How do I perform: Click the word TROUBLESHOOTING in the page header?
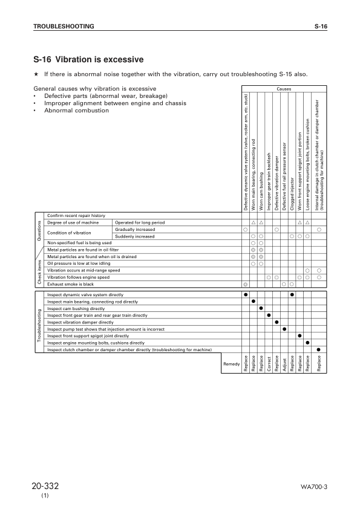[x=64, y=27]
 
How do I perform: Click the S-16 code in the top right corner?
[x=321, y=27]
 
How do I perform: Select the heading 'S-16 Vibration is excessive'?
[x=88, y=59]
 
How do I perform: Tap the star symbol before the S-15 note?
[x=37, y=74]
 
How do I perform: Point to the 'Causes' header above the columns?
[x=283, y=89]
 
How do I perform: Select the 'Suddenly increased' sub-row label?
[x=135, y=236]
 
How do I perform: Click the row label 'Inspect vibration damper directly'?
[x=80, y=322]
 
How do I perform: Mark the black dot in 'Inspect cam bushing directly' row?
[x=261, y=308]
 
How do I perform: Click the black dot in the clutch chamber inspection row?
[x=319, y=349]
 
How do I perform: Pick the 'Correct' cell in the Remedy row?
[x=269, y=363]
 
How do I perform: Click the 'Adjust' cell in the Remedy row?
[x=284, y=363]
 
